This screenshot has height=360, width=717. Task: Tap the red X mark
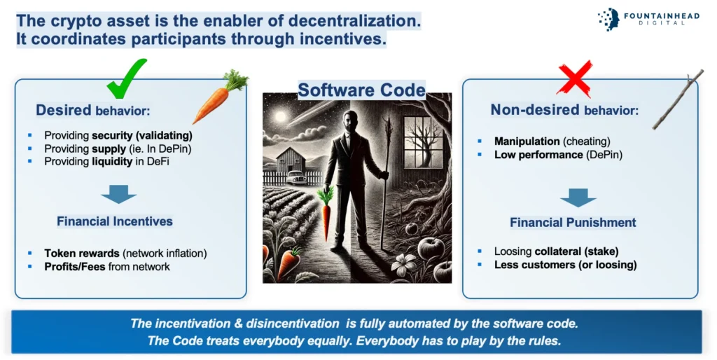(x=576, y=78)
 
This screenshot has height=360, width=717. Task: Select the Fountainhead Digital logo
(x=648, y=19)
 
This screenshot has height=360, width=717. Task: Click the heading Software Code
(x=362, y=90)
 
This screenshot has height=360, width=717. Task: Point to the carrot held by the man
(x=326, y=214)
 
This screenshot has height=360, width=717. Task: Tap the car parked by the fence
(x=295, y=177)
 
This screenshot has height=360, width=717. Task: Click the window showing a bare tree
(x=424, y=141)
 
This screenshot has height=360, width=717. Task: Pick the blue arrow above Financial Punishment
(x=578, y=198)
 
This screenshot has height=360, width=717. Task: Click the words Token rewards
(x=82, y=253)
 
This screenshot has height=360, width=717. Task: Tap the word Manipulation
(x=527, y=141)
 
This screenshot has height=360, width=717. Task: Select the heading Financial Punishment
(x=573, y=222)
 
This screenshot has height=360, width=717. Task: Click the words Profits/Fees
(x=75, y=267)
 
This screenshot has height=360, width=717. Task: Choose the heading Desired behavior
(x=93, y=110)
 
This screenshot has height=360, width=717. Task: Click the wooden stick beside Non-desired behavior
(x=678, y=99)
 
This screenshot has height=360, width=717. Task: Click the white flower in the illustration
(x=404, y=264)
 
